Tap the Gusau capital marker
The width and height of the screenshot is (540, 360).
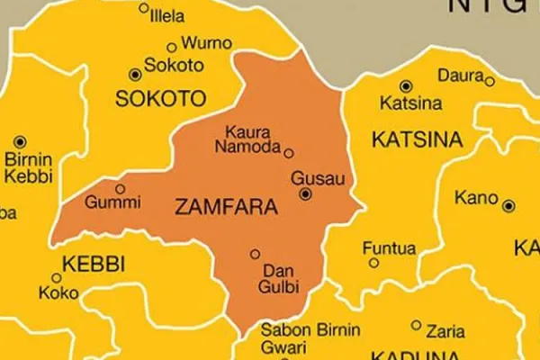click(x=306, y=193)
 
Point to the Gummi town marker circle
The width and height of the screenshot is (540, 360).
click(x=120, y=188)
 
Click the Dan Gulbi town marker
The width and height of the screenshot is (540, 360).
click(x=256, y=254)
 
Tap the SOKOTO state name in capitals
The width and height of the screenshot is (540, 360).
click(x=161, y=98)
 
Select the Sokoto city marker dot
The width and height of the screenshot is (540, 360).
click(x=136, y=74)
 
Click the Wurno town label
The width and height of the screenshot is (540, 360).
click(x=207, y=42)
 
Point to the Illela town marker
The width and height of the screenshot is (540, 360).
click(x=144, y=8)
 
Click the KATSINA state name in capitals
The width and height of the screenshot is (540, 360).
click(x=417, y=139)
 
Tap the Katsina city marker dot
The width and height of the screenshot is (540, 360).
click(x=406, y=86)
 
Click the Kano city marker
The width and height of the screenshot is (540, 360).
click(x=509, y=206)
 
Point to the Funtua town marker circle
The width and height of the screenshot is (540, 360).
click(x=374, y=263)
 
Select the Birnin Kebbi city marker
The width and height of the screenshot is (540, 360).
click(x=21, y=142)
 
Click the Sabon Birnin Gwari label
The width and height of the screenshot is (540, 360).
click(x=310, y=338)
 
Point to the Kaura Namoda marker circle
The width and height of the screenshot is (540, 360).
click(x=288, y=152)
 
